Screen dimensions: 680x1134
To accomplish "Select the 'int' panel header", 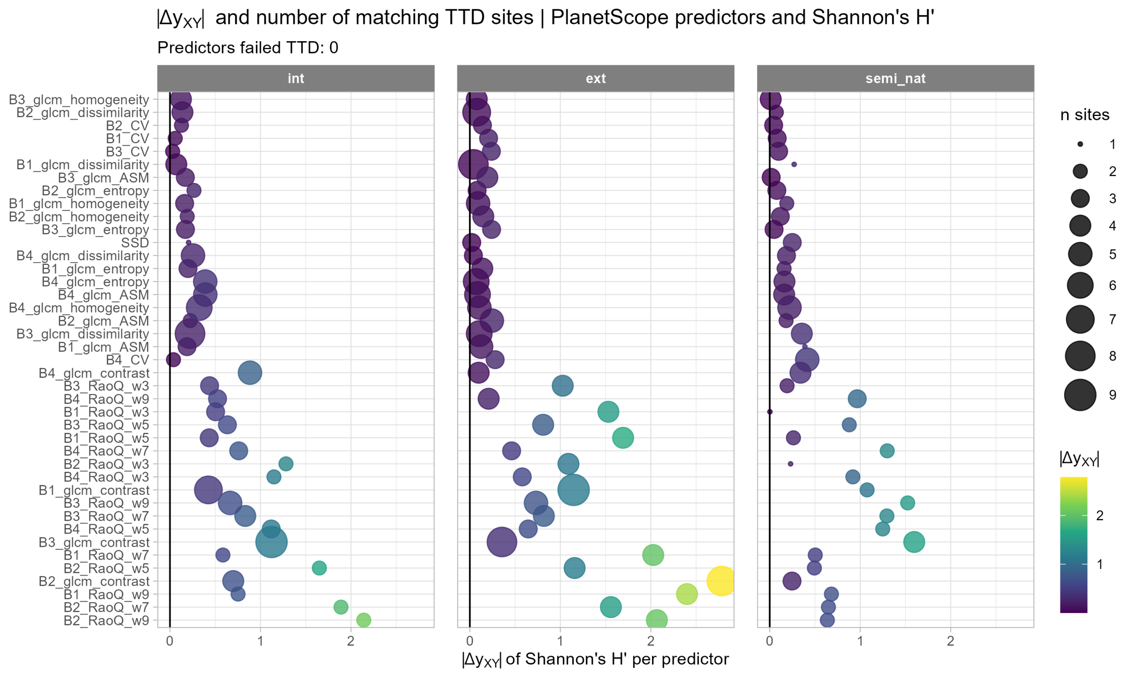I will (x=295, y=78).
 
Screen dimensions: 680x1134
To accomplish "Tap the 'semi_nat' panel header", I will (x=895, y=78).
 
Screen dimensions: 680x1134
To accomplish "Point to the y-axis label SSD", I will (x=135, y=243).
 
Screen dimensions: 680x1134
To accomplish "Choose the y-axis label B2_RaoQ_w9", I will (x=106, y=620).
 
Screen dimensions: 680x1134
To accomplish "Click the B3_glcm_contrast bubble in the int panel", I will (x=272, y=542).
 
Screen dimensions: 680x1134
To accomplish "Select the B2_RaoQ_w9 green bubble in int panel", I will (x=364, y=620).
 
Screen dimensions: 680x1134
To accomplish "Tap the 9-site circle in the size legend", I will (x=1080, y=395).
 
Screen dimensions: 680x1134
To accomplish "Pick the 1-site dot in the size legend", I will (x=1080, y=144).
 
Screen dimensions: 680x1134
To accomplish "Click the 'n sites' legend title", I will (x=1084, y=115).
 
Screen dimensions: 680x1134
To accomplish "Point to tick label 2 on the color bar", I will (x=1099, y=515).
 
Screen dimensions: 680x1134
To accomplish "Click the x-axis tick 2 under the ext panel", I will (x=650, y=641).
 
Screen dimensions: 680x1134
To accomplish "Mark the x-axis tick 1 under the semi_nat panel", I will (x=860, y=641).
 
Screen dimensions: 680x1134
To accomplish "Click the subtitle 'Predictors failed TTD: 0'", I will (x=248, y=48).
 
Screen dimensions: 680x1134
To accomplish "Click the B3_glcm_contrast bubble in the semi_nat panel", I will (x=914, y=542).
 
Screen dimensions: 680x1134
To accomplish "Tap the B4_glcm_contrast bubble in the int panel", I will (x=250, y=372).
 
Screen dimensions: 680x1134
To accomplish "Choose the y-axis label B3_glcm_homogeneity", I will (x=79, y=100).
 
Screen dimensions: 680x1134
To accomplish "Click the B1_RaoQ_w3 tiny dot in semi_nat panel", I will (x=770, y=411).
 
